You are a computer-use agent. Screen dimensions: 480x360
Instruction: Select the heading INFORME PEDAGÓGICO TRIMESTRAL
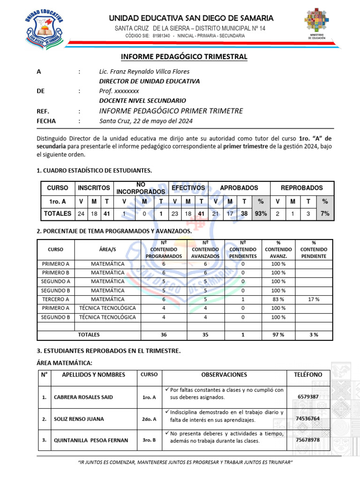coord(184,57)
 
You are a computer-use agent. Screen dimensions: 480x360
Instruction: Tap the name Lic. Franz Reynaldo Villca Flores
coord(144,72)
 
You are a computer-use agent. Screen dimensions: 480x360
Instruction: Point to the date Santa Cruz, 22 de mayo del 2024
coord(146,121)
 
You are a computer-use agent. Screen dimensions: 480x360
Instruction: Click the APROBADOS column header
coord(239,187)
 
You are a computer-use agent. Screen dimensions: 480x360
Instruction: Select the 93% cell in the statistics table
coord(261,213)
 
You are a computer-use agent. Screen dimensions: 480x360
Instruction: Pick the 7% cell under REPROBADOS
coord(324,213)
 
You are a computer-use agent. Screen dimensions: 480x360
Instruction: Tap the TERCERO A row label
coord(55,299)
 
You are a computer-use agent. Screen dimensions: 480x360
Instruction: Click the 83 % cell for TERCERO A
coord(278,299)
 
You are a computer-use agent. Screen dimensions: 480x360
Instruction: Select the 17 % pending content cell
coord(314,299)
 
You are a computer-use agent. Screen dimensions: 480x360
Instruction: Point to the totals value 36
coord(164,335)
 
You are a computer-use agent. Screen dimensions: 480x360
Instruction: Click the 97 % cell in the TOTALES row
coord(278,335)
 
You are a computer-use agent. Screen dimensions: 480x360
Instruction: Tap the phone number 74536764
coord(308,418)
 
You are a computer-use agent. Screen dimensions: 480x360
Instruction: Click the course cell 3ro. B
coord(149,440)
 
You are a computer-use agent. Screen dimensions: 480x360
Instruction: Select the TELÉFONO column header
coord(308,375)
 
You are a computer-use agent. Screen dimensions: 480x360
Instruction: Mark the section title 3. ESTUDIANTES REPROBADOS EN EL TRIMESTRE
coord(108,351)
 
